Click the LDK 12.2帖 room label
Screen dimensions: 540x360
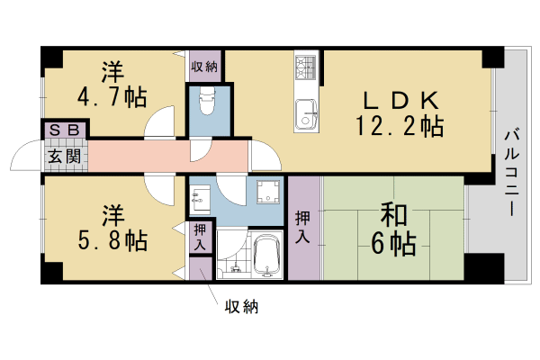400,114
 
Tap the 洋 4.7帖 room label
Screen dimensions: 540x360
112,85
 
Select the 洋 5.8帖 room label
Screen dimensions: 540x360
112,229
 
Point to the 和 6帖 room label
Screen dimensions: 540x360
393,229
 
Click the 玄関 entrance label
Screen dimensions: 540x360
65,157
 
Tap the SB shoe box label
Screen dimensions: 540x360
65,130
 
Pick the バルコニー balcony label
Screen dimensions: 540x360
512,172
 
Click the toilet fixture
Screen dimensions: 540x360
207,101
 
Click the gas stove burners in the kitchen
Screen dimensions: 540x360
305,67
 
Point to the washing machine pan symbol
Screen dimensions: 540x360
268,192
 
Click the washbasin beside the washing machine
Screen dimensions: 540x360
200,197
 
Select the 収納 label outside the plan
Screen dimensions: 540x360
241,307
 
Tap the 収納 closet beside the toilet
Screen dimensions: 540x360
205,66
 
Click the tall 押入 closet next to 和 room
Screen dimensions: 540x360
304,228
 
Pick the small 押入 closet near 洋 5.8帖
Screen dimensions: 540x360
200,238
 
